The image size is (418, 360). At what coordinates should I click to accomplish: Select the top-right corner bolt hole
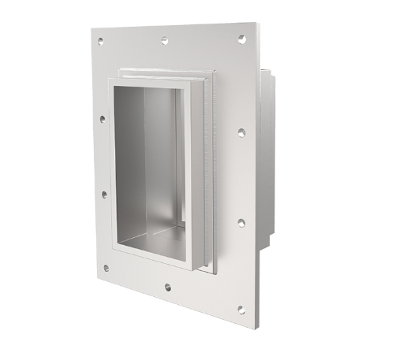pyautogui.click(x=242, y=37)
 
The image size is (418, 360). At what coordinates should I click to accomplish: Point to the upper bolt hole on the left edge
pyautogui.click(x=102, y=120)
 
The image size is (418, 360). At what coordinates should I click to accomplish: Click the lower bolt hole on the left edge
pyautogui.click(x=103, y=194)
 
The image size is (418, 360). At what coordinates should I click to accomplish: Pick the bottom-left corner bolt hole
pyautogui.click(x=106, y=268)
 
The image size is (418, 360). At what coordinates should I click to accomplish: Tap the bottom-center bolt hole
pyautogui.click(x=167, y=287)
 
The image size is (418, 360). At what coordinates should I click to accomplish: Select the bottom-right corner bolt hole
pyautogui.click(x=241, y=310)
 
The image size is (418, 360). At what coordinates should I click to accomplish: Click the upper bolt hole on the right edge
pyautogui.click(x=241, y=132)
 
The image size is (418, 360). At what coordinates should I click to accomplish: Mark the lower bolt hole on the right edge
pyautogui.click(x=241, y=223)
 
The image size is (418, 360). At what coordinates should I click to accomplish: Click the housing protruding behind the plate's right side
pyautogui.click(x=267, y=158)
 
